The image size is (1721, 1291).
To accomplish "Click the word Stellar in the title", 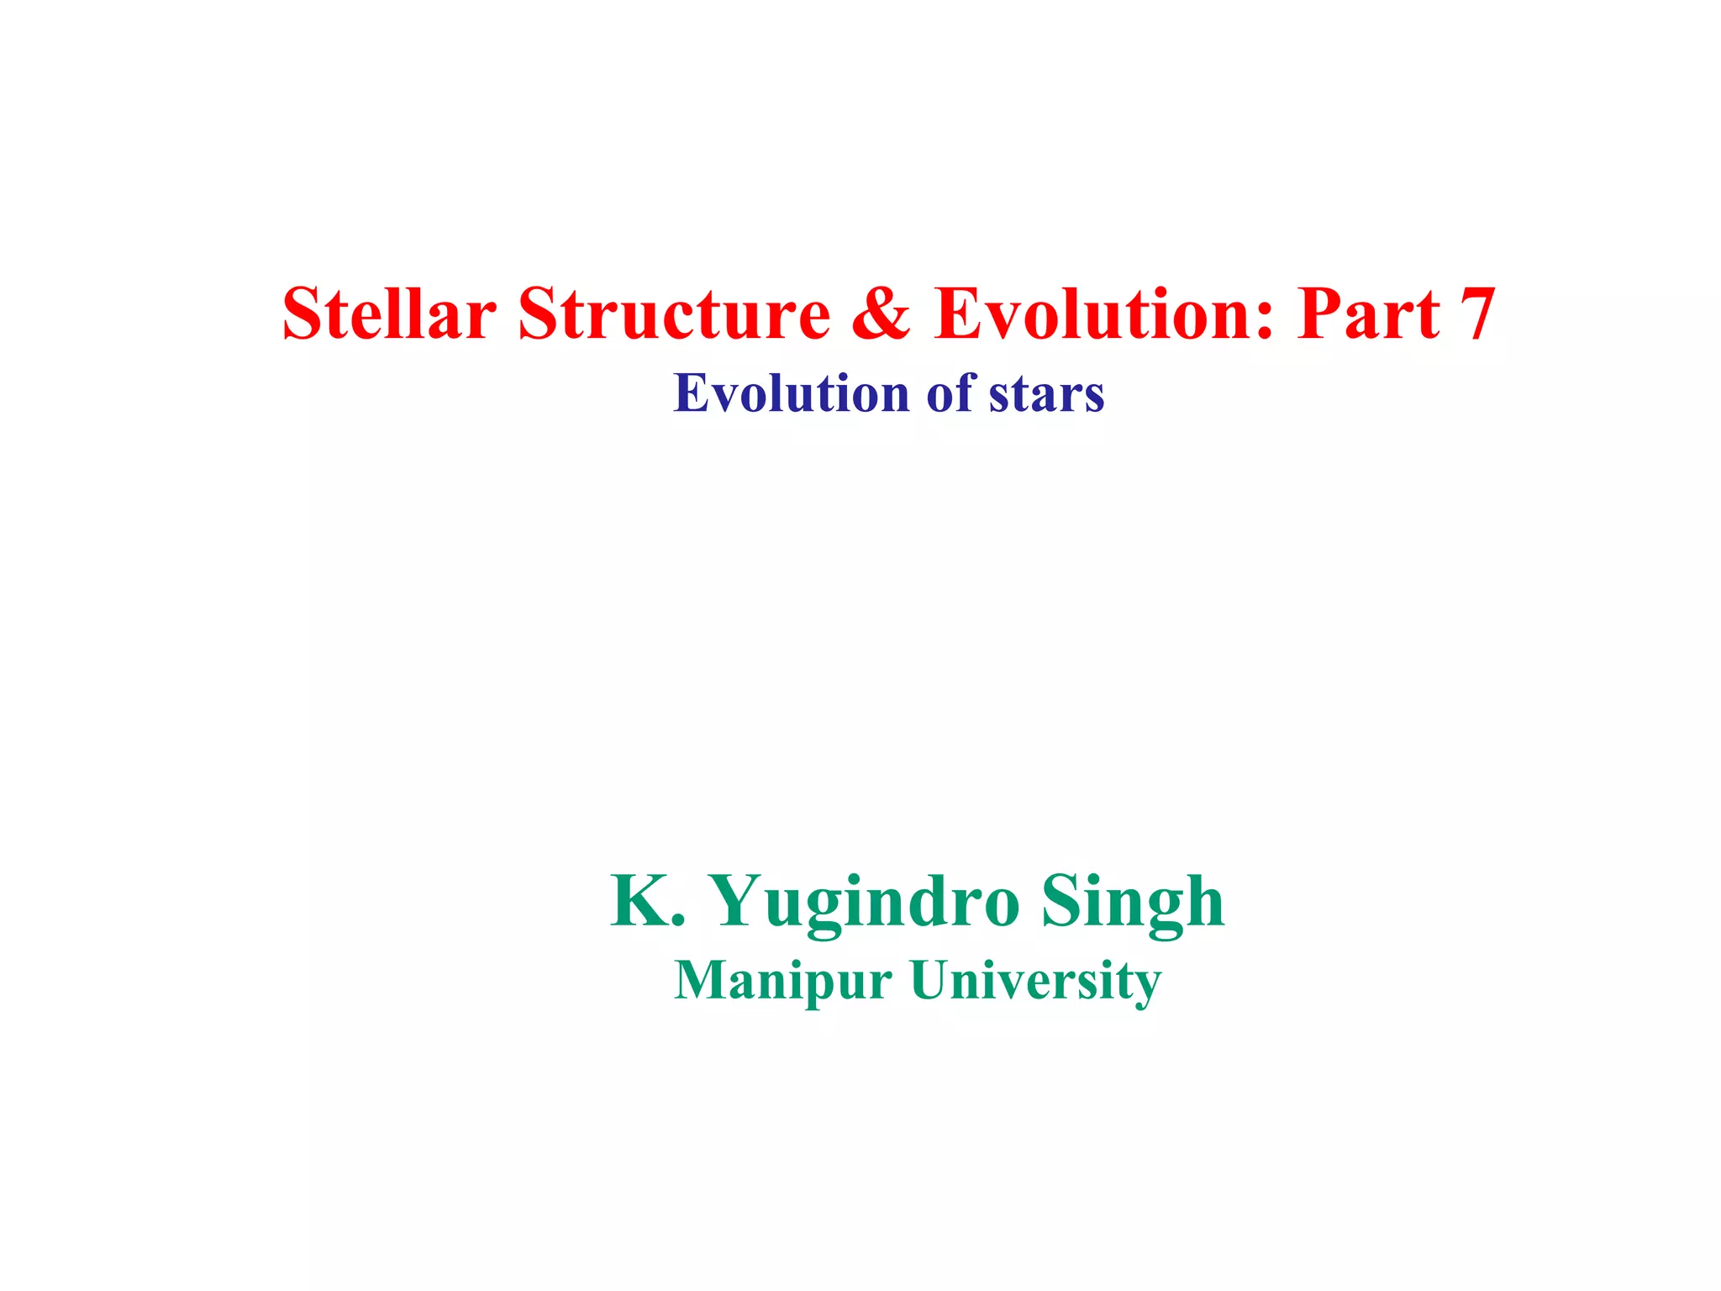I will (x=389, y=314).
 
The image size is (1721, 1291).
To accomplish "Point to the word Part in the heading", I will (x=1368, y=314).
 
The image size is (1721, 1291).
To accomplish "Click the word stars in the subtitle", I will (x=1046, y=393).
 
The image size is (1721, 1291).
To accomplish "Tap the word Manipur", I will (x=782, y=981).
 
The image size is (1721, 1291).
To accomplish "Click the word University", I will (x=1035, y=981).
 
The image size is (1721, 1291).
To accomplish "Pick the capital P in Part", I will (x=1319, y=314).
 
